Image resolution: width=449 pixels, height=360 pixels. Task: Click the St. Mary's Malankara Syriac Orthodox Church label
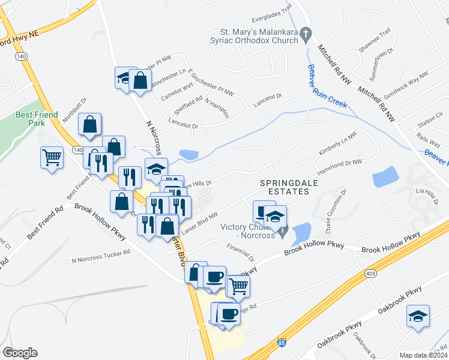coord(259,36)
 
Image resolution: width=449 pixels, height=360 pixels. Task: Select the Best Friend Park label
coord(38,118)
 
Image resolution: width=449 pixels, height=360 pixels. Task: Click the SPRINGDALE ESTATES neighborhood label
coord(284,187)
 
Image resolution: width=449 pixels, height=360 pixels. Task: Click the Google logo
coord(20,353)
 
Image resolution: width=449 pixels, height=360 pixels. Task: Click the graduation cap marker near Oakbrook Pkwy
coord(418,316)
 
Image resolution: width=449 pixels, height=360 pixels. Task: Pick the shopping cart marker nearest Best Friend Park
coord(52,158)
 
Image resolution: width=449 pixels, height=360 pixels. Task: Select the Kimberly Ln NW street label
coord(333,146)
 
